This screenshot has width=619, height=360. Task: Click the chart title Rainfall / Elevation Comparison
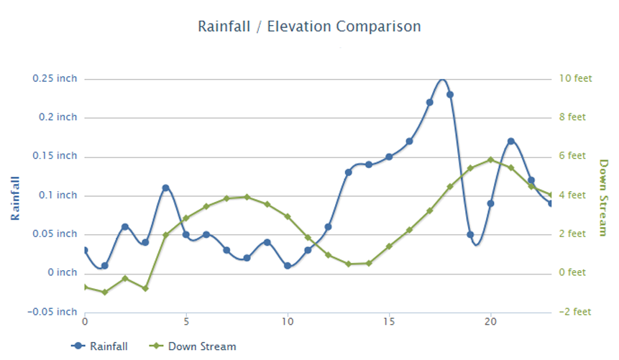point(309,27)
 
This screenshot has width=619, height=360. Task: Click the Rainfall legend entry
point(108,346)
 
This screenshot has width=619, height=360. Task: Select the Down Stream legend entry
point(201,346)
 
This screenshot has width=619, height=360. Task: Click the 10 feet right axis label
point(576,78)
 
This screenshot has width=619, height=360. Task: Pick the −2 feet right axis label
point(575,312)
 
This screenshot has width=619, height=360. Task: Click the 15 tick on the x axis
point(389,321)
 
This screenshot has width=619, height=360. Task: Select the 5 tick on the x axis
point(186,321)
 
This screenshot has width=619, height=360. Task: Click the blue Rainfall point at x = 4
point(165,188)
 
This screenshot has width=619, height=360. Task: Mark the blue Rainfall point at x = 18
point(450,94)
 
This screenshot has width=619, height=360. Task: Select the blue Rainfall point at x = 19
point(470,234)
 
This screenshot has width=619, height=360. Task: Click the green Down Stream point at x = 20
point(490,160)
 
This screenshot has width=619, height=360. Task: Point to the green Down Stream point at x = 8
point(247,196)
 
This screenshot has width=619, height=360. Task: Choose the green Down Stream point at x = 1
point(105,292)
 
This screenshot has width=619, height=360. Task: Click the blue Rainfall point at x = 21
point(510,141)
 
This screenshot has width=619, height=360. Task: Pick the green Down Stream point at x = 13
point(348,264)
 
